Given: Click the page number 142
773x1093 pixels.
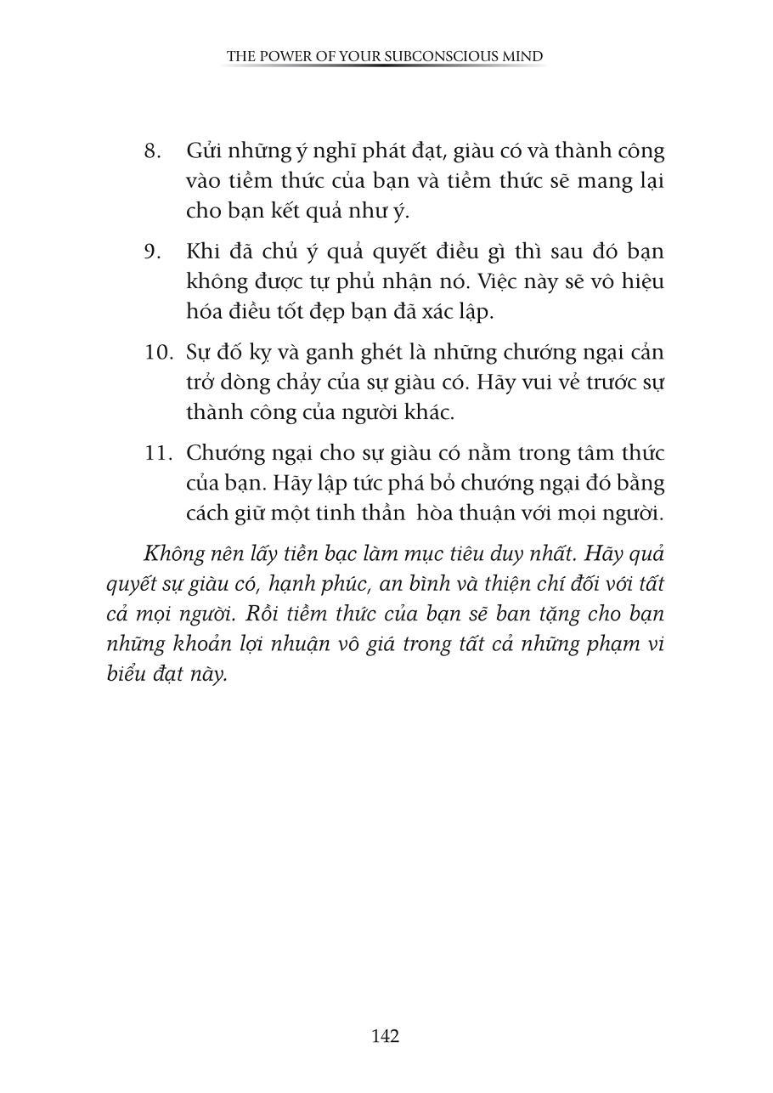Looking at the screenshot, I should coord(386,1036).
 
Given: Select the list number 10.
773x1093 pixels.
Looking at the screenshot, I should coord(159,353).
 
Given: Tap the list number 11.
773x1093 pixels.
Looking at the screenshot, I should coord(159,453).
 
